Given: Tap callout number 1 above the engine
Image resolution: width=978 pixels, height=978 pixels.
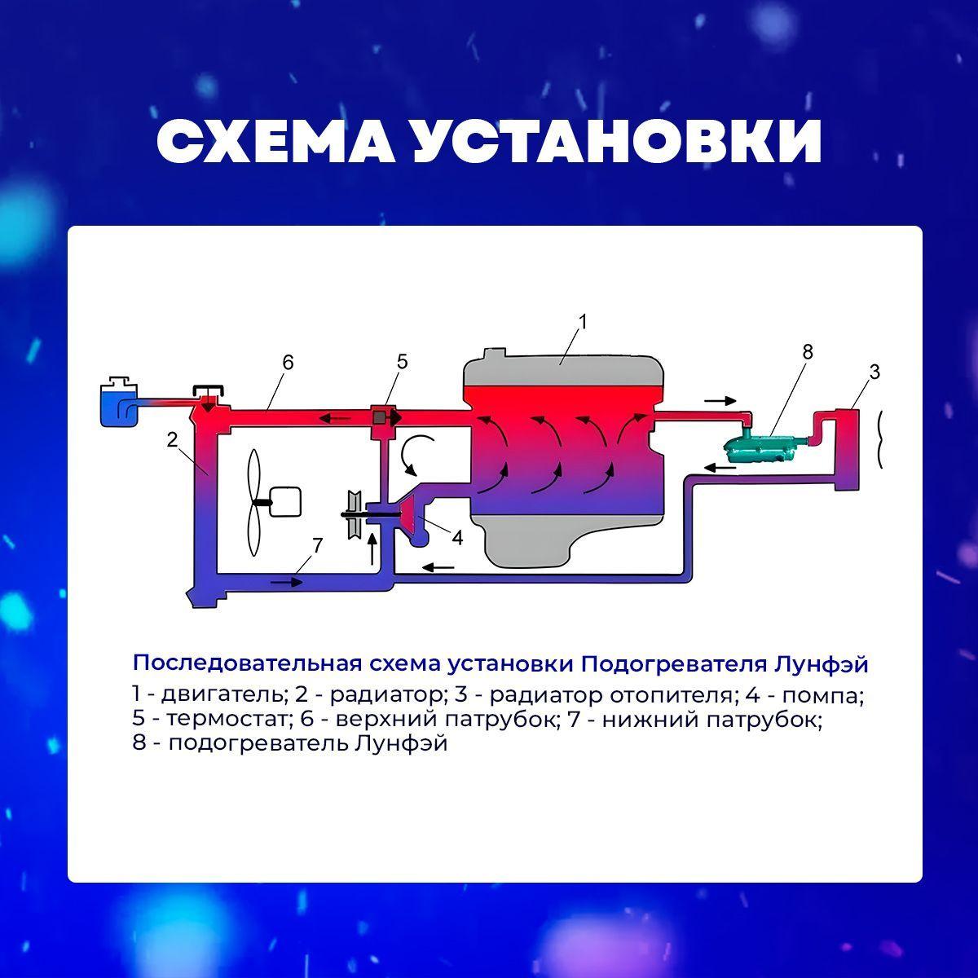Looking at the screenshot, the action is [583, 321].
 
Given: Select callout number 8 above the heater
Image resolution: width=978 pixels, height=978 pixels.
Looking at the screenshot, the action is [808, 351].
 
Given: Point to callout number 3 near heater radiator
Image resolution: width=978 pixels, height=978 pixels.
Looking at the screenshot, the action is [874, 372].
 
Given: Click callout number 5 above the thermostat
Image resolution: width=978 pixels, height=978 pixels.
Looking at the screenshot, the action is [402, 362].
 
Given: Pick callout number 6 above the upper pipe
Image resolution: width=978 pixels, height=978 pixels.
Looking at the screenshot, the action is [288, 362].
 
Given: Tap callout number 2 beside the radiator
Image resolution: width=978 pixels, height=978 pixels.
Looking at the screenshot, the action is [173, 439].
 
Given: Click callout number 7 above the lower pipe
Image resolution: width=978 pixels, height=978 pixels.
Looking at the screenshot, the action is [317, 545].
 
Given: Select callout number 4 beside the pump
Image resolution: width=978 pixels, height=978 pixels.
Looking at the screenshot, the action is [458, 538].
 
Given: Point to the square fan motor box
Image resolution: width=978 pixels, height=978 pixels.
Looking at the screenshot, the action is [284, 501].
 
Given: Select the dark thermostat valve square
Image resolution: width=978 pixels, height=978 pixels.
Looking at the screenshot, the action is [380, 418].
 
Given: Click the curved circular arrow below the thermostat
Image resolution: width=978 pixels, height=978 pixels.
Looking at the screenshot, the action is [415, 454].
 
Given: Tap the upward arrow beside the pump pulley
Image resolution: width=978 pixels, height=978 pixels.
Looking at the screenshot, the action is [372, 548].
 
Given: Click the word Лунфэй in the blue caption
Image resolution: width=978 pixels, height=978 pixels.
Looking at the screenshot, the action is [821, 664].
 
